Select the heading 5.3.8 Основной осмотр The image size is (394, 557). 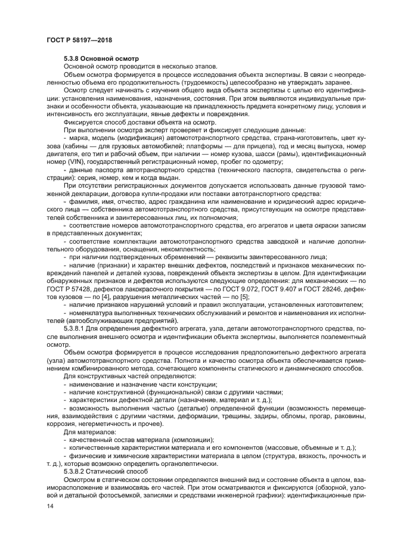(100, 58)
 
